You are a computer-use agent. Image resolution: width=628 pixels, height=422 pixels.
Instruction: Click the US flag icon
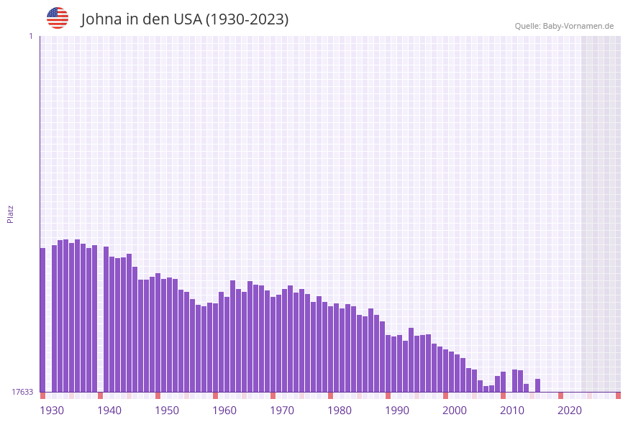pos(58,18)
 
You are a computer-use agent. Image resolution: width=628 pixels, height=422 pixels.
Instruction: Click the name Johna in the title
pos(101,19)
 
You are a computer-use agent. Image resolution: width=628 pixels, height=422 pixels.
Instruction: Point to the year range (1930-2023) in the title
pos(247,19)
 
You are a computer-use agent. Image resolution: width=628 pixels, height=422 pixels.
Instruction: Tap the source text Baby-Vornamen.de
pos(578,26)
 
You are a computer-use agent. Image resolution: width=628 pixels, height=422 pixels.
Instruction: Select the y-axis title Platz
pos(11,214)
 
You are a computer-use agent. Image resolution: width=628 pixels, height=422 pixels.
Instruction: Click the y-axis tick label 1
pos(30,36)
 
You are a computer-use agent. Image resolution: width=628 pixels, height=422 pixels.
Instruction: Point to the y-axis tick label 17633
pos(22,392)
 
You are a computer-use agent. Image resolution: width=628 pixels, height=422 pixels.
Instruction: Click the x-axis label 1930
pos(52,410)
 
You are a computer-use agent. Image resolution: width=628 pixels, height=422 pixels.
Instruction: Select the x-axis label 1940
pos(109,410)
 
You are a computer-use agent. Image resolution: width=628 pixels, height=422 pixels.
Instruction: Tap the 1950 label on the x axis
pos(167,410)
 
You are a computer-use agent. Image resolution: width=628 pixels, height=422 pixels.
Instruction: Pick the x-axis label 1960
pos(224,410)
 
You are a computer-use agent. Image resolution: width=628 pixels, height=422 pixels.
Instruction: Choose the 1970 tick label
pos(282,410)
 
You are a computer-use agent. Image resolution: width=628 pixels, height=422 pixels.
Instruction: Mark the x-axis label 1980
pos(340,410)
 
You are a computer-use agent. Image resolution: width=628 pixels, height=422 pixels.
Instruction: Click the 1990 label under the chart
pos(397,410)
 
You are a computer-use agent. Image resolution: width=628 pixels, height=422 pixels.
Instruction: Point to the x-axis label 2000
pos(455,410)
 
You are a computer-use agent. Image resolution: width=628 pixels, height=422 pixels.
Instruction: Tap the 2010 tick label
pos(512,410)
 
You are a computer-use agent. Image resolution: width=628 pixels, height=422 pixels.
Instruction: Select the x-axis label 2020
pos(570,410)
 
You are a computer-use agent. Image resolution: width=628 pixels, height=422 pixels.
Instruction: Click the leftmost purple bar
pos(42,320)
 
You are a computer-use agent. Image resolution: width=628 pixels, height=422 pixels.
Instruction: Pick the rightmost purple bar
pos(537,385)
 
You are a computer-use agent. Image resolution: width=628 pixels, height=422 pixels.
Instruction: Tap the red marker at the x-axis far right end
pos(618,395)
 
